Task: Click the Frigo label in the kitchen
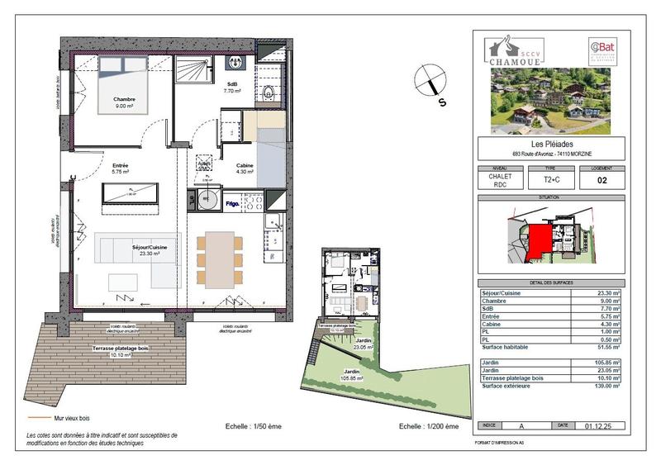232,202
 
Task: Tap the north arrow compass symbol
432,85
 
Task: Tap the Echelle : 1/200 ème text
429,426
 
